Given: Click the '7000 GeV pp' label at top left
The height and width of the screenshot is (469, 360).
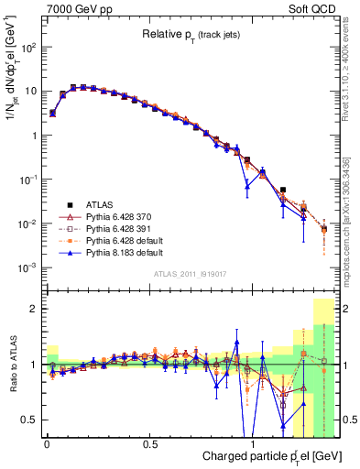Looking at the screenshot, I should tap(72, 8).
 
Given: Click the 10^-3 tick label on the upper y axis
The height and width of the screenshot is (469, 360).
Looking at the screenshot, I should tap(29, 267).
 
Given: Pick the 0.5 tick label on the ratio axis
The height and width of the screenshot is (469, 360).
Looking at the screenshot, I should tap(30, 420).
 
